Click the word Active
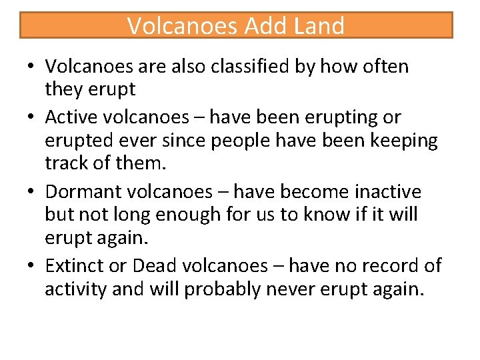tap(70, 117)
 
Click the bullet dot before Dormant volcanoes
tap(31, 193)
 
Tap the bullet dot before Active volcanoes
tap(31, 118)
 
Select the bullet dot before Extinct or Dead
tap(31, 267)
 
